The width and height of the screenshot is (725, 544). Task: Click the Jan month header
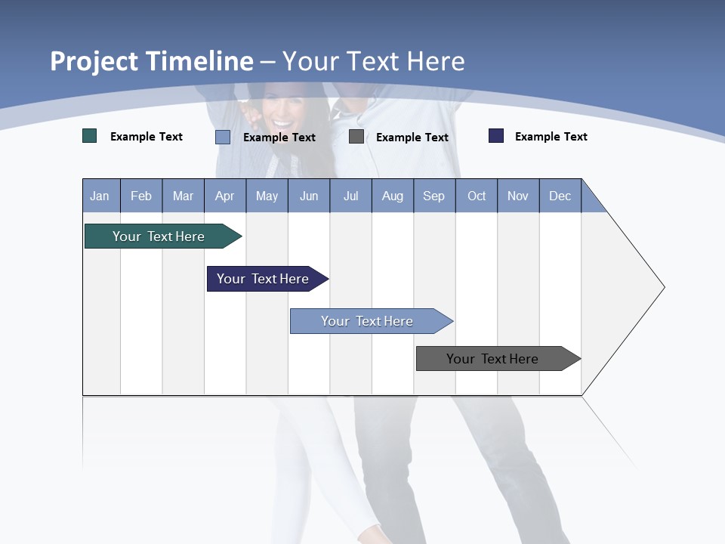100,196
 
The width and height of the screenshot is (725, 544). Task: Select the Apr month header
225,196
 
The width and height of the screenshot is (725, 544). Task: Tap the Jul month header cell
350,196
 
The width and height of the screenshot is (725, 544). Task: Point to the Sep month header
434,196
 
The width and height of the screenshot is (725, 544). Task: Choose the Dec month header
560,196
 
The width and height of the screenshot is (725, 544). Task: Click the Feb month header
141,196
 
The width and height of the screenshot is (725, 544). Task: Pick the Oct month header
477,196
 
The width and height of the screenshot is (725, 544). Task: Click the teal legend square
90,136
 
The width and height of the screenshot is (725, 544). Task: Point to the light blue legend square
223,137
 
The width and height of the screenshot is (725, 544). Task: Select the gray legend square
356,136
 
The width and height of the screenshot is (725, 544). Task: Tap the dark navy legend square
496,136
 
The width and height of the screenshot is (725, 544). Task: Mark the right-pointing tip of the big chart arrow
663,287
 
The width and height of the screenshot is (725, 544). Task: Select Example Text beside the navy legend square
551,137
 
